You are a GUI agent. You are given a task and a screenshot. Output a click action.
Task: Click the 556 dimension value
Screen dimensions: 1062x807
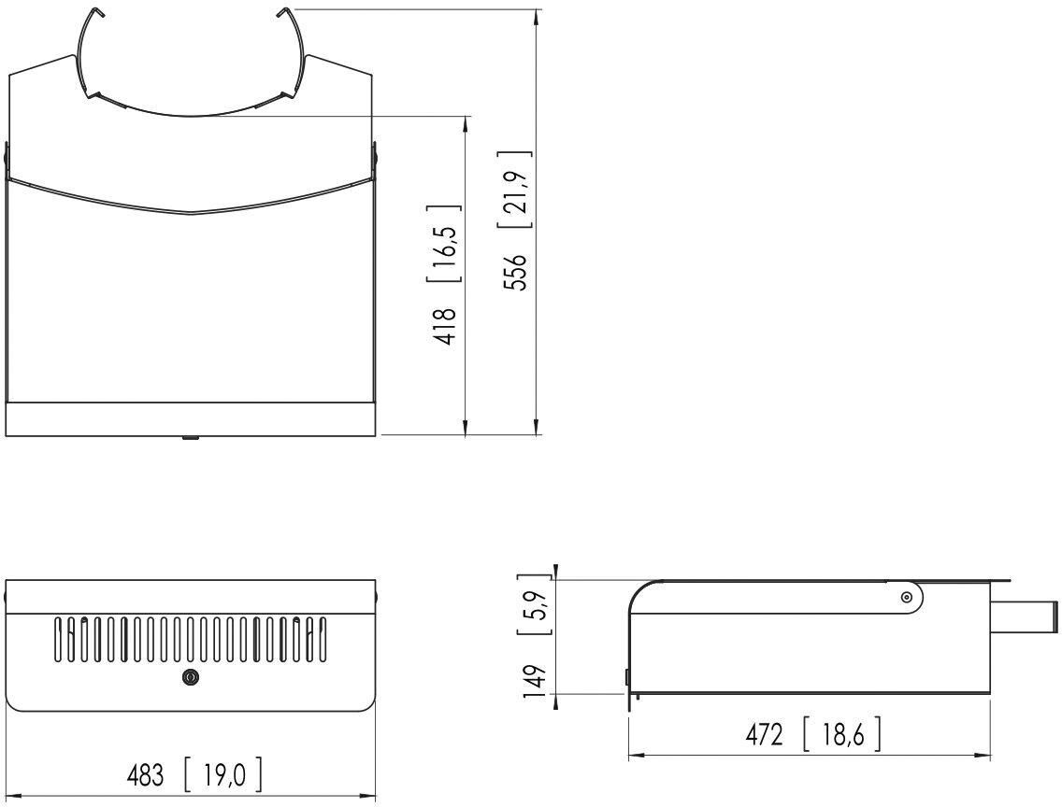518,272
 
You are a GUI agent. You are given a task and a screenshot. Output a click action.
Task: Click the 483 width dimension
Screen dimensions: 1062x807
146,775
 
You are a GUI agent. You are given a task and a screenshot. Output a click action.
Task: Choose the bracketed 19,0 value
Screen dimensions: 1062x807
222,775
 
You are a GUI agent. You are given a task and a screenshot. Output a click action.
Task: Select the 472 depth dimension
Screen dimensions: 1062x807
764,734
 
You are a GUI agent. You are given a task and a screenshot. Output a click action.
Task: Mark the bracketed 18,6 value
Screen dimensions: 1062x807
842,734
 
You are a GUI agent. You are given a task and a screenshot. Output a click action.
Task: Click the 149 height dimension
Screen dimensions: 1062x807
535,681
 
